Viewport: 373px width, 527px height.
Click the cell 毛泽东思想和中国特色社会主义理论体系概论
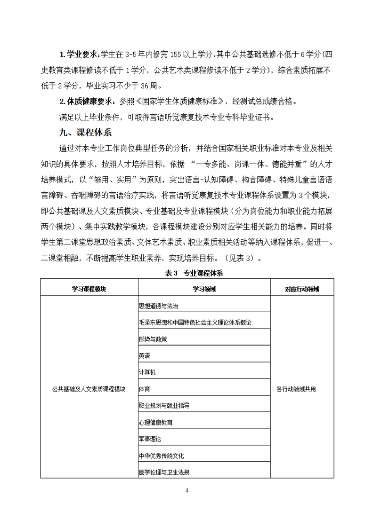coord(195,322)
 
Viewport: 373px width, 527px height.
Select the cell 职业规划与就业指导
coord(164,405)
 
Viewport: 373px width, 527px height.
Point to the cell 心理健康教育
coord(155,422)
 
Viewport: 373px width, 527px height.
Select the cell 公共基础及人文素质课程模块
coord(89,389)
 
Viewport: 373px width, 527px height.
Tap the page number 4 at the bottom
coord(187,491)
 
